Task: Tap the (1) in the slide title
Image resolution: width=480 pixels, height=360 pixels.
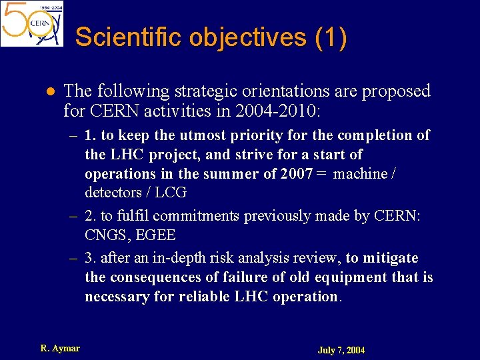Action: click(330, 37)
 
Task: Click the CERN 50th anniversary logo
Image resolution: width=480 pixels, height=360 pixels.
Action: click(32, 24)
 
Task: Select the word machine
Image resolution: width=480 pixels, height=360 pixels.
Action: click(361, 174)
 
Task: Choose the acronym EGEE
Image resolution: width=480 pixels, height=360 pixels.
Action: click(155, 235)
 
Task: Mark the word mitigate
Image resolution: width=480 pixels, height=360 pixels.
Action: click(390, 258)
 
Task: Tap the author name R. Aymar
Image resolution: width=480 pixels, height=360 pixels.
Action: click(60, 348)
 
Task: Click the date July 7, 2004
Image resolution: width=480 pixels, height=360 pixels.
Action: click(341, 350)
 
